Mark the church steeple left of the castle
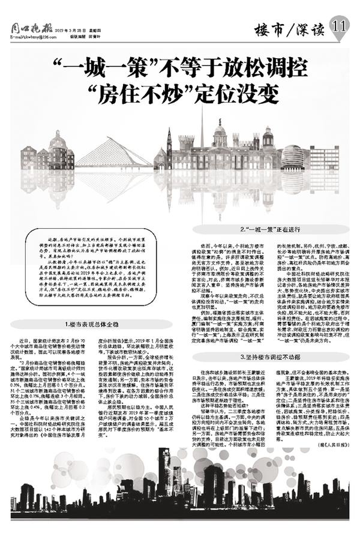click(170, 144)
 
